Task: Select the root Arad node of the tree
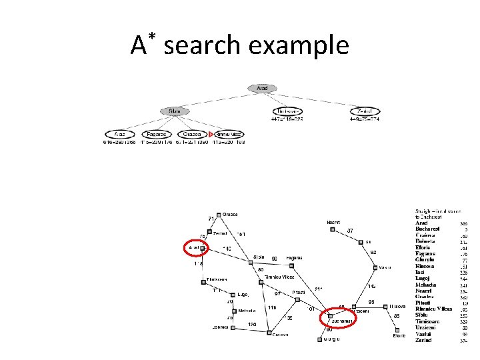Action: pos(261,88)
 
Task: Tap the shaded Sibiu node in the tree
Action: pos(175,111)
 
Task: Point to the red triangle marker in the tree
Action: pos(211,135)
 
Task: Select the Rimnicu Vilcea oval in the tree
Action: pos(229,134)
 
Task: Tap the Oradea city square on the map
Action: pos(219,215)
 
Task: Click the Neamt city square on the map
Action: pos(332,229)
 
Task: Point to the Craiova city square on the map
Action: pos(269,332)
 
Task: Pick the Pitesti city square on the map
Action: pos(298,299)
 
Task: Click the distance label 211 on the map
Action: pos(319,289)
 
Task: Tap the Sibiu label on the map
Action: pos(259,257)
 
